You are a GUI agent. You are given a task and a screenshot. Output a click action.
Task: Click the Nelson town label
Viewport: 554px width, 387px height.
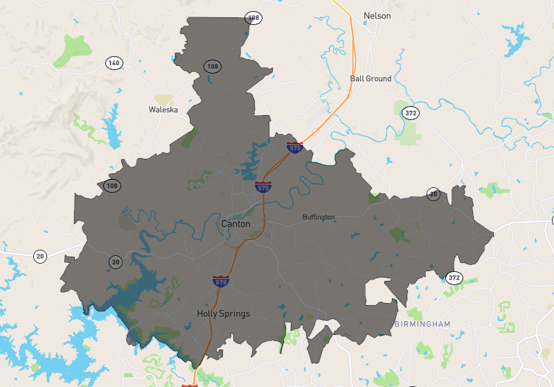tap(377, 15)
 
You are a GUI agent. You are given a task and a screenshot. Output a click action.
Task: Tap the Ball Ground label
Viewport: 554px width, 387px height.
tap(370, 78)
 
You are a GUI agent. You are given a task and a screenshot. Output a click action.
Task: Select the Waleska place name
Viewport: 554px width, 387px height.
tap(163, 110)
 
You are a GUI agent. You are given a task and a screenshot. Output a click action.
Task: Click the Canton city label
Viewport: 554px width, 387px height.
tap(235, 224)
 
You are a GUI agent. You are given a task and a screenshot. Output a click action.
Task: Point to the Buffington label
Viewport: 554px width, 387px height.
tap(319, 217)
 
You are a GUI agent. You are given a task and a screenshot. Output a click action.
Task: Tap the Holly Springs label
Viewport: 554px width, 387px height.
tap(223, 313)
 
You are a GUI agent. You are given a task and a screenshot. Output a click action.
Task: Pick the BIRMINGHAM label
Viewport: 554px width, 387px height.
tap(422, 324)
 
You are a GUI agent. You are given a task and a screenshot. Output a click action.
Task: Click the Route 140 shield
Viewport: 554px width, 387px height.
tap(114, 63)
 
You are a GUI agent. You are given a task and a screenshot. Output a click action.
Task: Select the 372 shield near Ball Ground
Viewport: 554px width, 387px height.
tap(411, 113)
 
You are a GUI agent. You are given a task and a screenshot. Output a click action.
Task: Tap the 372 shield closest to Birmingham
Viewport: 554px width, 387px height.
tap(454, 277)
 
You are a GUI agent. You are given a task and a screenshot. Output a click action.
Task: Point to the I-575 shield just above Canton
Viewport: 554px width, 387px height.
tap(263, 187)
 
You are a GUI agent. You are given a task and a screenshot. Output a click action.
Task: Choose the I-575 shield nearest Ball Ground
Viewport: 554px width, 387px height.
tap(295, 147)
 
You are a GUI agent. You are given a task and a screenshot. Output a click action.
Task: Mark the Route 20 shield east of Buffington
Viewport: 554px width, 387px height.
tap(434, 193)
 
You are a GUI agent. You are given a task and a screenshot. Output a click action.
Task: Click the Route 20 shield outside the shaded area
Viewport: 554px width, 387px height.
tap(41, 256)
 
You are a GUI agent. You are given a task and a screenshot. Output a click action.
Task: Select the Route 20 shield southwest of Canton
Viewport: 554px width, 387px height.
tap(115, 261)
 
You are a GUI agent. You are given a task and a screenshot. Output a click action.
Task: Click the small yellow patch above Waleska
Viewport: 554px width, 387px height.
tap(163, 100)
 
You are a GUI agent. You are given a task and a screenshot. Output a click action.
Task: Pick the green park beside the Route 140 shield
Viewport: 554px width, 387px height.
tap(73, 49)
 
